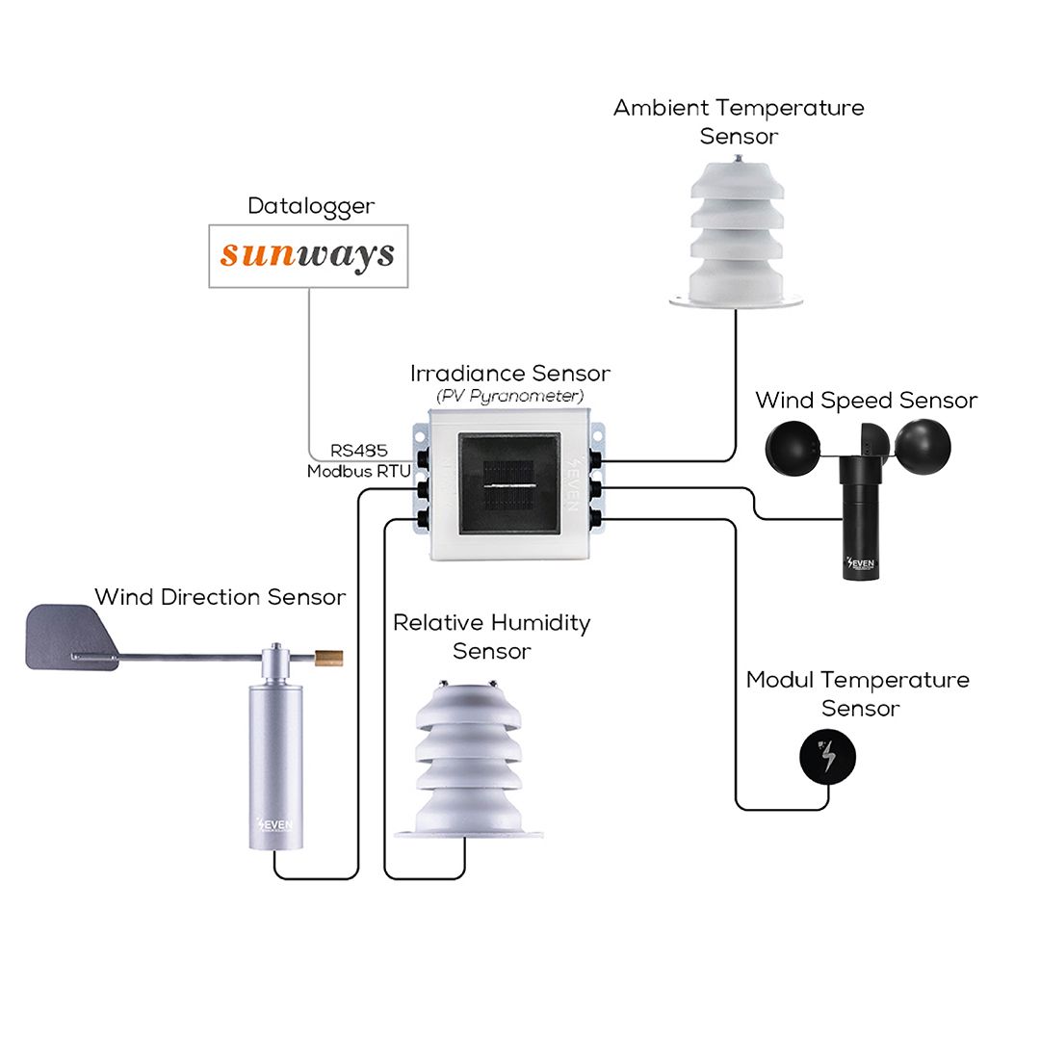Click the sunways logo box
(x=308, y=256)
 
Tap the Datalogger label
(x=311, y=206)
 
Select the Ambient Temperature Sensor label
(x=739, y=121)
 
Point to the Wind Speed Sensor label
(x=867, y=401)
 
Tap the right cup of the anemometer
(x=923, y=448)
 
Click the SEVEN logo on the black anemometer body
(x=861, y=563)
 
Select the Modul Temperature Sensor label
(x=858, y=693)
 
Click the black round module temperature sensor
(x=827, y=757)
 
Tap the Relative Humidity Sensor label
(x=491, y=637)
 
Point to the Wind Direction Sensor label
(x=221, y=597)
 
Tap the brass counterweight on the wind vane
(x=328, y=658)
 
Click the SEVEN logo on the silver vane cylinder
(x=274, y=824)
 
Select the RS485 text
(x=359, y=451)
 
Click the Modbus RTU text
(x=359, y=472)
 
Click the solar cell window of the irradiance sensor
(x=509, y=483)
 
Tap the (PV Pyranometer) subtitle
(x=510, y=396)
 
